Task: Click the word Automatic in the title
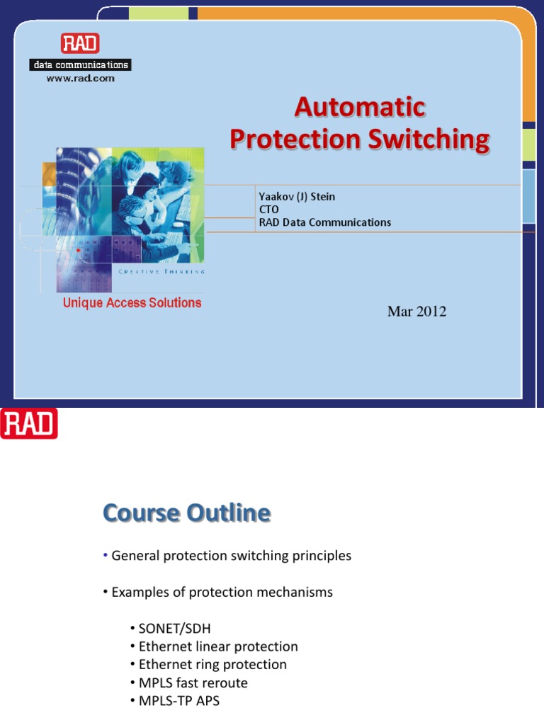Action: (359, 108)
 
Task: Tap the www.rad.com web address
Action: (80, 79)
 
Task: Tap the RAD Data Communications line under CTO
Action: (324, 222)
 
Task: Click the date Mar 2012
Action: (416, 312)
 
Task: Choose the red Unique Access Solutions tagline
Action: (132, 303)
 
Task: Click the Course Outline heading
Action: (186, 513)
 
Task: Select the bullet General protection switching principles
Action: (231, 556)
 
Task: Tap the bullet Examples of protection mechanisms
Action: (222, 592)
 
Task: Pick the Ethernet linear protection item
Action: (218, 646)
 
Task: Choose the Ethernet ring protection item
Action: (212, 665)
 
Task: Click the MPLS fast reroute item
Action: (193, 683)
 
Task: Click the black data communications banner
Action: (80, 65)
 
